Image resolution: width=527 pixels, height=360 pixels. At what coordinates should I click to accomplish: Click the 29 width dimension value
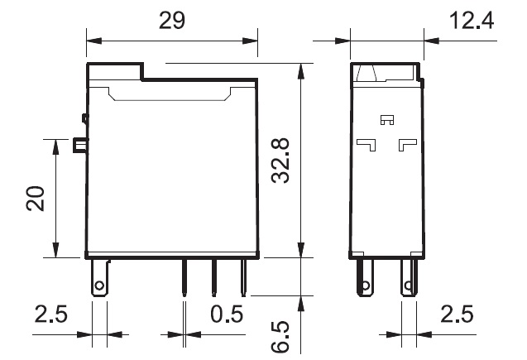click(x=172, y=20)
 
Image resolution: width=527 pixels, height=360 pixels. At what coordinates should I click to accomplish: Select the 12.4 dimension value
click(x=472, y=20)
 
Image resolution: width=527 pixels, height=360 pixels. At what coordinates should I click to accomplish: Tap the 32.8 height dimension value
click(x=280, y=161)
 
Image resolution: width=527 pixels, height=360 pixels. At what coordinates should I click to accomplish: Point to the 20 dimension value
click(x=36, y=199)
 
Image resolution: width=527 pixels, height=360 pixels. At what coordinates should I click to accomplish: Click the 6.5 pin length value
click(x=280, y=337)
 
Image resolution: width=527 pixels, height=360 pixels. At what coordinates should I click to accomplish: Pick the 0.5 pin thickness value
click(x=227, y=314)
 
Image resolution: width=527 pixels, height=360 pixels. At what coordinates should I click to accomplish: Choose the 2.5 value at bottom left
click(x=51, y=314)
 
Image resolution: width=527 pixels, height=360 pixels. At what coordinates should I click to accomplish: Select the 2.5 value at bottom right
click(x=457, y=314)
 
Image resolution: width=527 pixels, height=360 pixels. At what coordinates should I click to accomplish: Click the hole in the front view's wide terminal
click(x=99, y=286)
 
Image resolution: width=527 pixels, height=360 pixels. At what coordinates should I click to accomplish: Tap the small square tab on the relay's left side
click(x=80, y=145)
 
